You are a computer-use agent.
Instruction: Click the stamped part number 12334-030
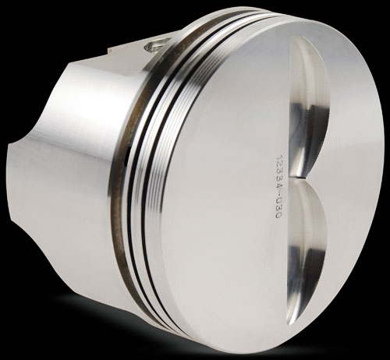tap(278, 186)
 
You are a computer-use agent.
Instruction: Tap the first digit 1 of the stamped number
tap(278, 157)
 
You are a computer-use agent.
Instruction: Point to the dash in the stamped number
tap(278, 196)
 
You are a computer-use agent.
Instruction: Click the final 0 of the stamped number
tap(278, 215)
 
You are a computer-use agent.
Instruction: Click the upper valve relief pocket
tap(310, 107)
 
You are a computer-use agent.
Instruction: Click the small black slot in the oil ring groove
tap(126, 157)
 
